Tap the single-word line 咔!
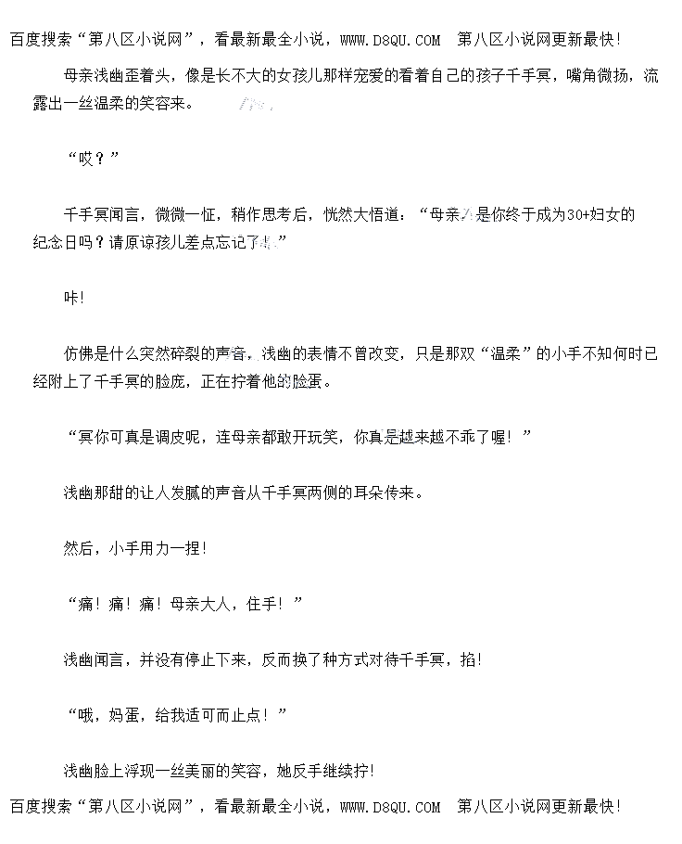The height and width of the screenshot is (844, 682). pyautogui.click(x=74, y=298)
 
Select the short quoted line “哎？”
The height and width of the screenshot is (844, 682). pyautogui.click(x=94, y=159)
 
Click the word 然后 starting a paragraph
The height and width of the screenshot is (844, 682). pyautogui.click(x=79, y=548)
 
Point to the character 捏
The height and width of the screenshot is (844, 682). pyautogui.click(x=190, y=548)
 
